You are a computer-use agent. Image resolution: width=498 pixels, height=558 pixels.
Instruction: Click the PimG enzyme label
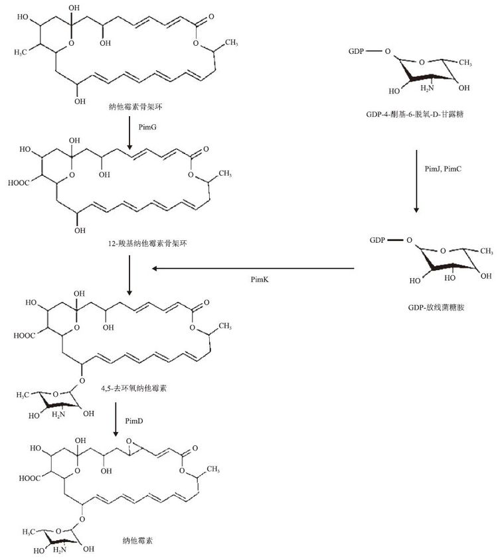tap(147, 125)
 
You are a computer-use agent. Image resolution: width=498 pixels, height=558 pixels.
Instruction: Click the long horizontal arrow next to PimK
tap(252, 269)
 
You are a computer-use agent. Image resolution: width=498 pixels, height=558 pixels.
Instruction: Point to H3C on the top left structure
tap(24, 49)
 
